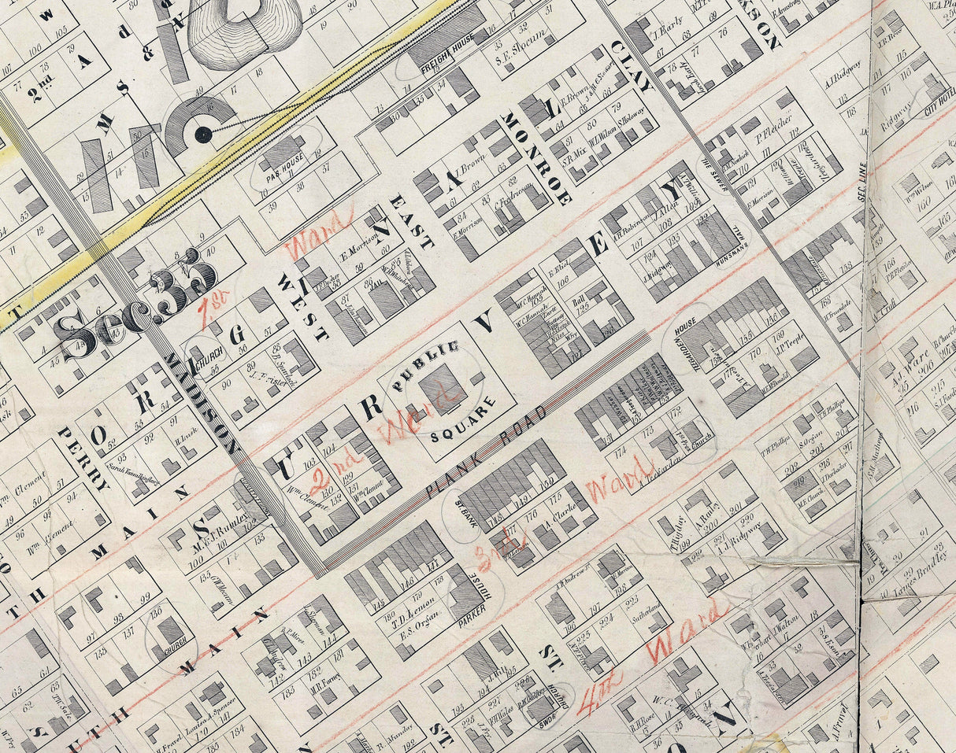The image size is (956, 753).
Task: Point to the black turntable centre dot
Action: pos(203,135)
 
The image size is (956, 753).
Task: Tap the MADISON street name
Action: pos(202,404)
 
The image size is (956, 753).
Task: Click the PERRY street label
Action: pos(82,459)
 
